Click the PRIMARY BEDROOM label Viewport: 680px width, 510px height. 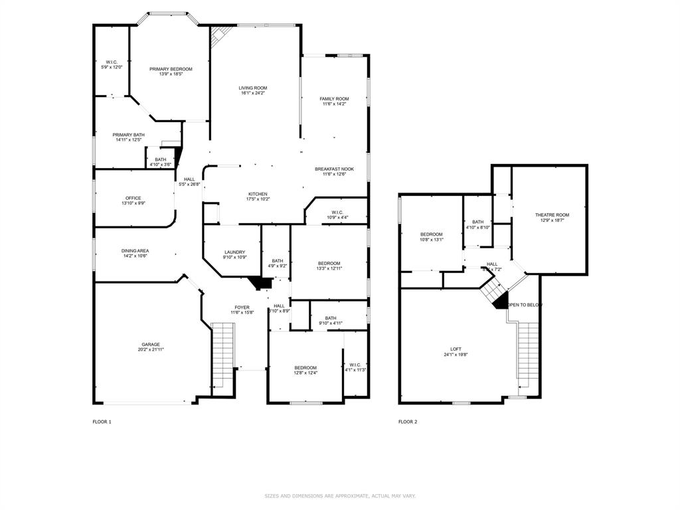tap(171, 69)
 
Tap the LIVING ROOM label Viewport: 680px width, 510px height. tap(253, 88)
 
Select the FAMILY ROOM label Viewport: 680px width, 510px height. tap(334, 99)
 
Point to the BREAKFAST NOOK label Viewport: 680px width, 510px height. tap(335, 169)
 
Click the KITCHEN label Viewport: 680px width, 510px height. tap(258, 194)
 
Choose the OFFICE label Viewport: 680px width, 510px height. tap(133, 198)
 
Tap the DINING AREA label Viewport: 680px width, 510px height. tap(135, 251)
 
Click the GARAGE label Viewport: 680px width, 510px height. tap(150, 344)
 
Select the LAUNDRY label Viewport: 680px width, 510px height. tap(234, 252)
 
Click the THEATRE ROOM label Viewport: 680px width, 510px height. tap(552, 214)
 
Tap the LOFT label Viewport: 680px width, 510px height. tap(456, 349)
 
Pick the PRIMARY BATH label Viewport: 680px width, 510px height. tap(129, 135)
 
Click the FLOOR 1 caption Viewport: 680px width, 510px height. tap(102, 422)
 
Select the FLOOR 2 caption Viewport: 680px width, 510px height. tap(408, 422)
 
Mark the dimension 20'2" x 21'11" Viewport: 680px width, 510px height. tap(150, 349)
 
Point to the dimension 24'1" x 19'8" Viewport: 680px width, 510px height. tap(456, 355)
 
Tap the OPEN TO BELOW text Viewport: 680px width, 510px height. tap(525, 305)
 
